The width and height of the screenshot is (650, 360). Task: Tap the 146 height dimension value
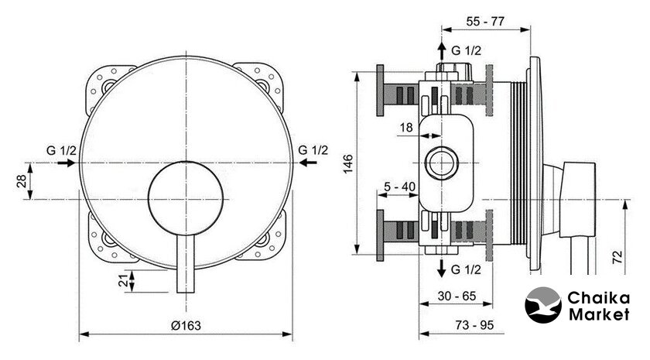pyautogui.click(x=348, y=163)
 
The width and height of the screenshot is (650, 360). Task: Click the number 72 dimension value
pyautogui.click(x=617, y=257)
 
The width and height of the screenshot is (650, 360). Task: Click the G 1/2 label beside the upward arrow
pyautogui.click(x=467, y=51)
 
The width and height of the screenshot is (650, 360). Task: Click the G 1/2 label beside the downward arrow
pyautogui.click(x=467, y=269)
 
